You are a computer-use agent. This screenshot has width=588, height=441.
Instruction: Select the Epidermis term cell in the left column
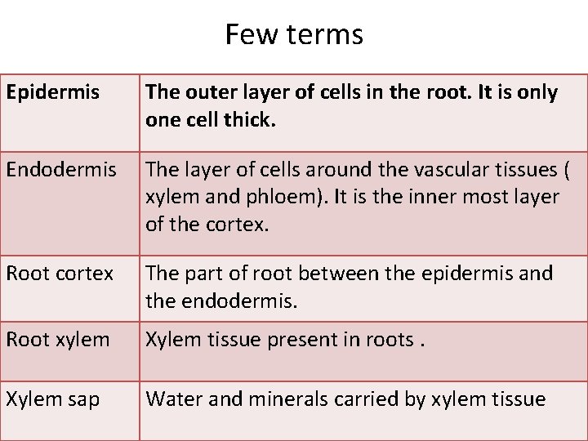pyautogui.click(x=52, y=92)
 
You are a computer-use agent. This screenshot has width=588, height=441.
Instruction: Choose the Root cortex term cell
pyautogui.click(x=60, y=274)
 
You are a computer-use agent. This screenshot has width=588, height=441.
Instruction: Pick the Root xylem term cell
pyautogui.click(x=57, y=339)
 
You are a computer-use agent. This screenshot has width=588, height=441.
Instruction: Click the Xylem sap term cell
pyautogui.click(x=53, y=399)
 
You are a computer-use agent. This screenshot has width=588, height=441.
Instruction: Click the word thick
pyautogui.click(x=248, y=119)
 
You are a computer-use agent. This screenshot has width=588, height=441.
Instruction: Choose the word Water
pyautogui.click(x=171, y=399)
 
